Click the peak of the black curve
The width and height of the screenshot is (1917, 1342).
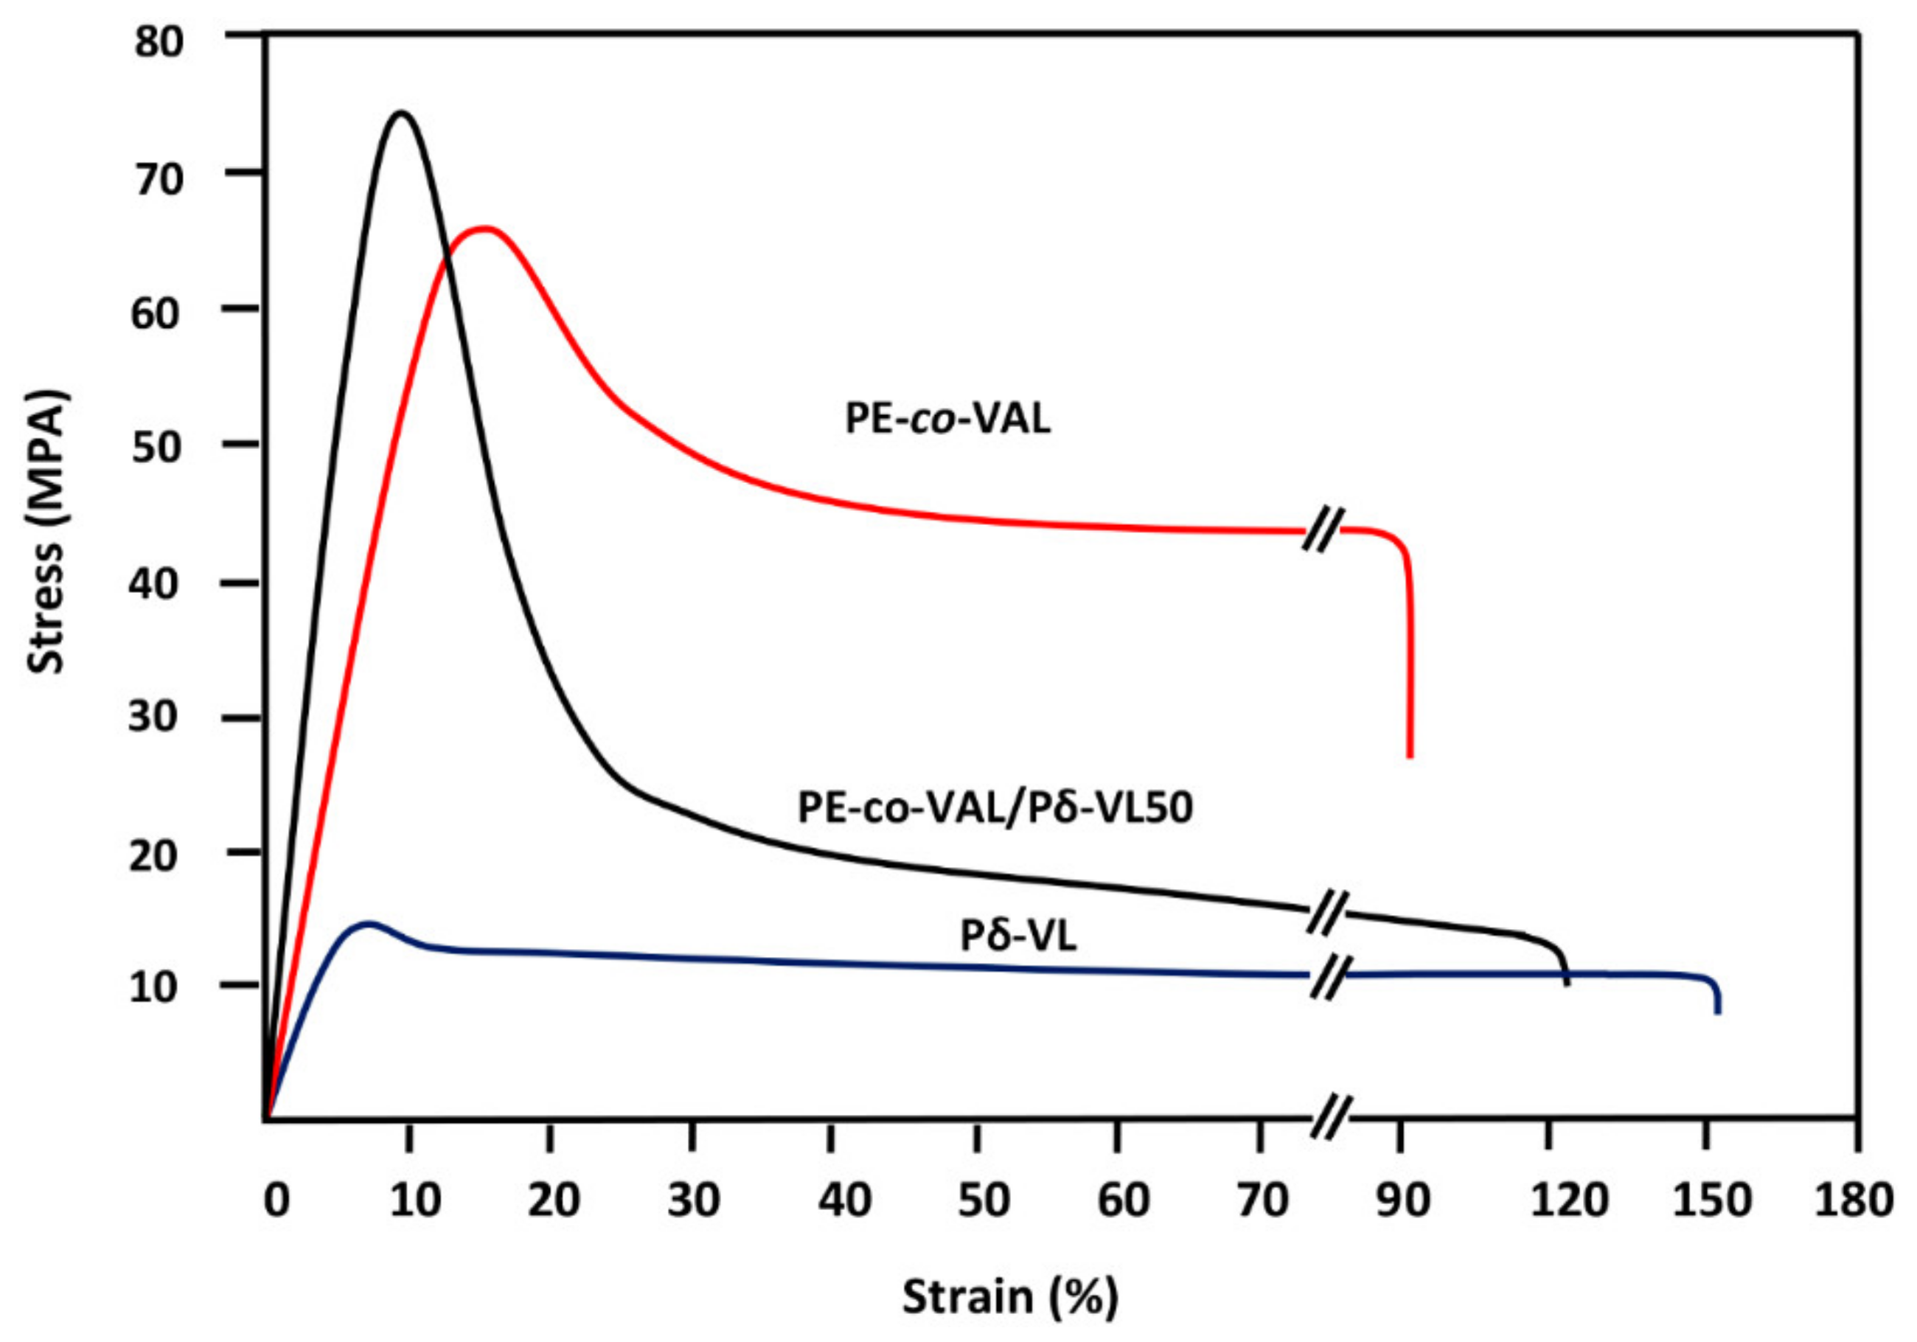coord(403,113)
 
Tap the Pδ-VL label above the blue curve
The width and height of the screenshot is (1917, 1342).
coord(1017,936)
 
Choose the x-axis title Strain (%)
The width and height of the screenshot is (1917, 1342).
coord(1009,1298)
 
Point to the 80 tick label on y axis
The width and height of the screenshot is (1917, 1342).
coord(159,42)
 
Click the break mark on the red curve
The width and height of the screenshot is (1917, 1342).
coord(1324,530)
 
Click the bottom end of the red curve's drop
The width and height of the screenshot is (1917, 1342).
coord(1410,756)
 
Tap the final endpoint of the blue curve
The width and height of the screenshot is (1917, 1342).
coord(1718,1012)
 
